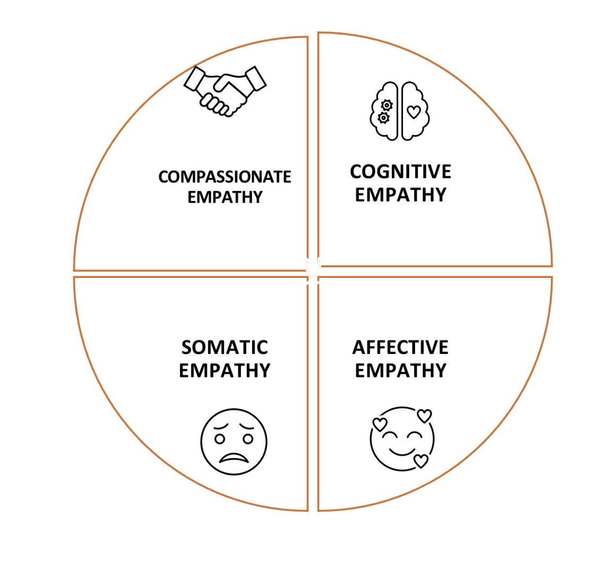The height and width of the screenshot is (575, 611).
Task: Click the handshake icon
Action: point(225,90)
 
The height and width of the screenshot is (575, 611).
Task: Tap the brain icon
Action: point(399,111)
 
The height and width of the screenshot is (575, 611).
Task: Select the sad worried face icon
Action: point(234,442)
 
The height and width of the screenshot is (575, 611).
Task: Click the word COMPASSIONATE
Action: point(225,177)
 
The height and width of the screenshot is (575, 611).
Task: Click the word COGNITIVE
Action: point(400,172)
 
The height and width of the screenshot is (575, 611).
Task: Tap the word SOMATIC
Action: point(225,348)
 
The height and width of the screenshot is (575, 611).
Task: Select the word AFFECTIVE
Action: point(400,348)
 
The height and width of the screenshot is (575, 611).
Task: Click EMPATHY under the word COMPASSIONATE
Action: point(225,197)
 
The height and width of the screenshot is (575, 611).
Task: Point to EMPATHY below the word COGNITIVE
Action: point(400,195)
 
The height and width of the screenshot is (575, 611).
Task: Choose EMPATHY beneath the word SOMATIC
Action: point(225,370)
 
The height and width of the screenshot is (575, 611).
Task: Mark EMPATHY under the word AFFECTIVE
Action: point(400,370)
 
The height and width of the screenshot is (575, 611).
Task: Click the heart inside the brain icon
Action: point(414,112)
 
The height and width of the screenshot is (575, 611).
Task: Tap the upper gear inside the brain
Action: point(387,105)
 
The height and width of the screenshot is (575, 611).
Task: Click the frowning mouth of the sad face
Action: point(234,458)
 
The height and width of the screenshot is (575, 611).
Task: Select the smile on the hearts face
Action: point(401,452)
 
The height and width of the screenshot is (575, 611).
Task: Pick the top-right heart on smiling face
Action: point(424,416)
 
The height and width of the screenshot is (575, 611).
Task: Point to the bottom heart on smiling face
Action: point(421,461)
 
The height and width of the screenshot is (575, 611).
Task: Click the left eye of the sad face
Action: point(220,439)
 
